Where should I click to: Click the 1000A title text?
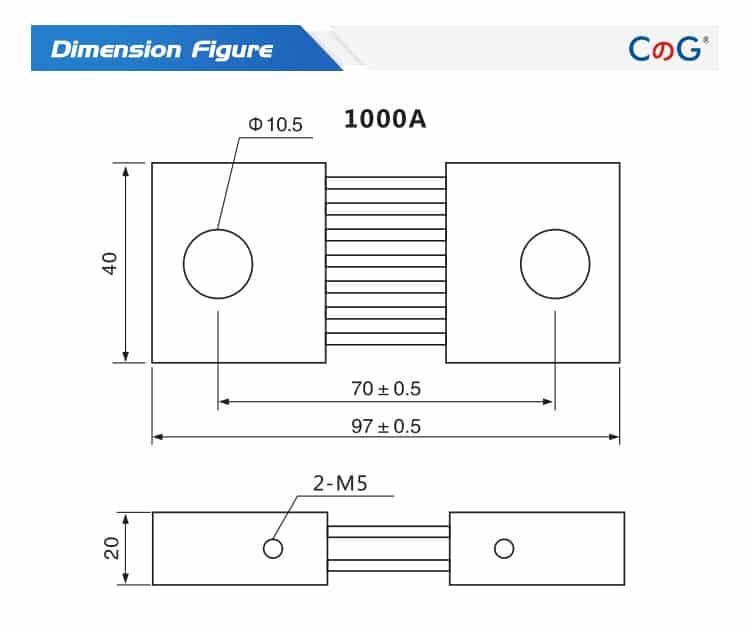(x=385, y=119)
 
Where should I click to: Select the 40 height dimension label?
(x=110, y=263)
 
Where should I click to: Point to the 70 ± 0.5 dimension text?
(x=386, y=387)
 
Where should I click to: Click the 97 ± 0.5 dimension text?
(x=386, y=426)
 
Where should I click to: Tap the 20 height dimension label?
(x=111, y=548)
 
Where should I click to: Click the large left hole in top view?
(x=218, y=264)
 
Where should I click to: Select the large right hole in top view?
(x=555, y=264)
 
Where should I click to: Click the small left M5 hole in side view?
(x=272, y=548)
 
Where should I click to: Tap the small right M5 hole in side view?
(x=504, y=548)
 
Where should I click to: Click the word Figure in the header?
(x=232, y=49)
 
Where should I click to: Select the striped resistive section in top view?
(x=386, y=263)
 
